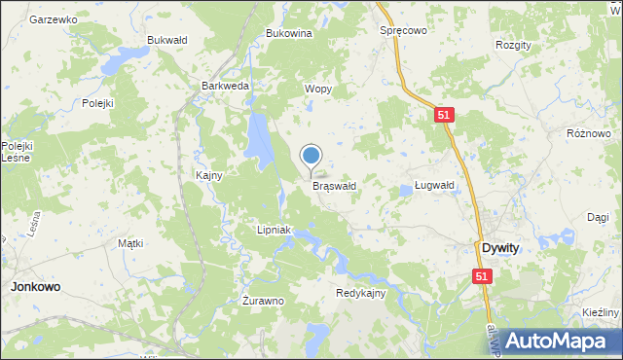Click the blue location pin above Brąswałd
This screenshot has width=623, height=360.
click(x=311, y=156)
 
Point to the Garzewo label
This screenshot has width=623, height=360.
click(x=54, y=19)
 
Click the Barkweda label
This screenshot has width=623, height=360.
click(x=225, y=86)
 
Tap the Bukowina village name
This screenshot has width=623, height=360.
click(x=288, y=33)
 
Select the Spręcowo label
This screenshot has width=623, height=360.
click(x=403, y=30)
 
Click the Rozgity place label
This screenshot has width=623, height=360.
click(x=513, y=46)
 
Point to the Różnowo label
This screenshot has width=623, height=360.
click(x=588, y=132)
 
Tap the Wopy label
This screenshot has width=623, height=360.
click(x=318, y=89)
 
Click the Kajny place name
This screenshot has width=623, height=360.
click(x=209, y=176)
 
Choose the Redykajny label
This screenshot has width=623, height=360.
click(x=361, y=293)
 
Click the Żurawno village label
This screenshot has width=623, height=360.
click(x=263, y=301)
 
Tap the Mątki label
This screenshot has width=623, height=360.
click(x=130, y=243)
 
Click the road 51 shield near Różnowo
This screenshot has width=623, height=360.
click(x=445, y=115)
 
